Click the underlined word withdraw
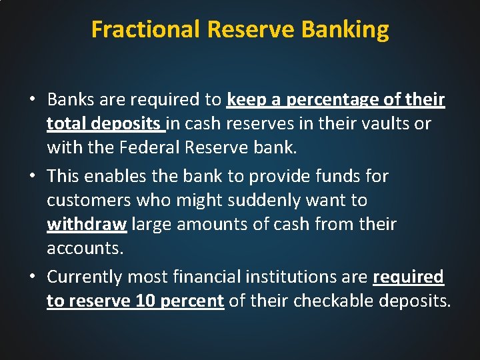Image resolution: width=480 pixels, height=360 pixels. (x=87, y=224)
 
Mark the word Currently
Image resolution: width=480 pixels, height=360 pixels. (x=85, y=277)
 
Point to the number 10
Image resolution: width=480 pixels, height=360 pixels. (x=145, y=301)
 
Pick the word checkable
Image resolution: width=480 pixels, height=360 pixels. (x=336, y=301)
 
